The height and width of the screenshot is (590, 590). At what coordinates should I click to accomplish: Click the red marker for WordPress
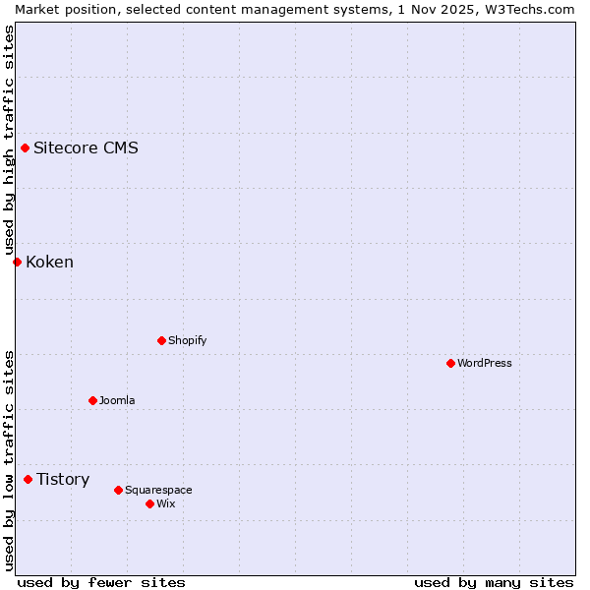click(x=450, y=363)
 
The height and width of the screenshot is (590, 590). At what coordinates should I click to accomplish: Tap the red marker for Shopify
click(x=161, y=340)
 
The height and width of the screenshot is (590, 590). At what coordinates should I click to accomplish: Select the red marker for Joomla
click(x=92, y=400)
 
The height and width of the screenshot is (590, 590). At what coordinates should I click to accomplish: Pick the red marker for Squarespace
click(x=118, y=490)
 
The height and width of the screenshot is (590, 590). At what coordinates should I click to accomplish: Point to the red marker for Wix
click(x=149, y=503)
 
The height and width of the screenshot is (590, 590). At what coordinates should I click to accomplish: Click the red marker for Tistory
click(x=28, y=479)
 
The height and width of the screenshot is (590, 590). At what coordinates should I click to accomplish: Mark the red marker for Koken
click(x=17, y=262)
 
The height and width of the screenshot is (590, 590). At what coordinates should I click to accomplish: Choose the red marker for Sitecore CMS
click(x=25, y=148)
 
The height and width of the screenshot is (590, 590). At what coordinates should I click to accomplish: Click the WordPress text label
click(x=485, y=363)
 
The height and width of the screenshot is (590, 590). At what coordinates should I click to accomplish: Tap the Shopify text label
click(x=188, y=340)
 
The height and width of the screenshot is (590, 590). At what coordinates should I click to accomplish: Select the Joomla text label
click(x=117, y=400)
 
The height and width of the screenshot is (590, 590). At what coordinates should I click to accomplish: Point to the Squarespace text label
click(x=158, y=490)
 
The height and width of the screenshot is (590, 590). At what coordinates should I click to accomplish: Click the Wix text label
click(x=166, y=503)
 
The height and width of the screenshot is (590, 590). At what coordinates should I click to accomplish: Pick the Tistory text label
click(x=63, y=479)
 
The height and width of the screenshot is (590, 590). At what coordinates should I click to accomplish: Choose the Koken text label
click(x=49, y=262)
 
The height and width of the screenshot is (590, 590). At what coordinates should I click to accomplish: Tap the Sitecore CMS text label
click(x=86, y=148)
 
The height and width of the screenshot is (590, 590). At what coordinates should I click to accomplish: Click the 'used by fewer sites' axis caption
click(x=101, y=582)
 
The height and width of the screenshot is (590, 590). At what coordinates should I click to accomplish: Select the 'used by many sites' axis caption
click(x=494, y=582)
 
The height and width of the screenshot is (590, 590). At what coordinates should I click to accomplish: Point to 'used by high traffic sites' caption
click(x=9, y=141)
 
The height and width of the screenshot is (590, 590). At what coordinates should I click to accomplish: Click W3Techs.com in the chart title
click(x=530, y=9)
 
